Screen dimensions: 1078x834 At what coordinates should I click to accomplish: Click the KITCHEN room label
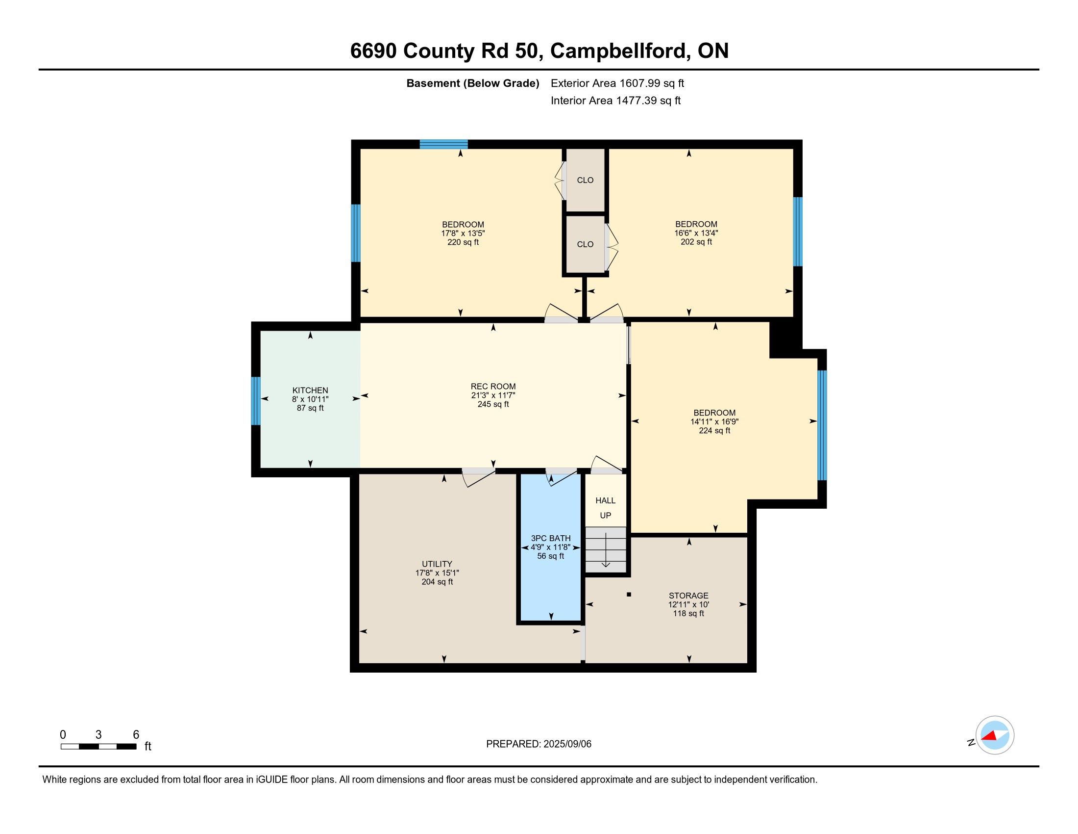pyautogui.click(x=310, y=391)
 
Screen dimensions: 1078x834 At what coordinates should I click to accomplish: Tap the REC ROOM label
pyautogui.click(x=493, y=387)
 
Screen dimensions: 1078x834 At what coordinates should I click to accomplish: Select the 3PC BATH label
pyautogui.click(x=551, y=538)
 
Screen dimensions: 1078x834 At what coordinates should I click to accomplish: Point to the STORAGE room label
pyautogui.click(x=688, y=596)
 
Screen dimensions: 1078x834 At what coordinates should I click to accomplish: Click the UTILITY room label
pyautogui.click(x=437, y=564)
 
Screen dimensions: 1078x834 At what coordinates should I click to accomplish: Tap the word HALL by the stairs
pyautogui.click(x=605, y=500)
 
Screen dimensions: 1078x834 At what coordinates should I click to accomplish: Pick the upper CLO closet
pyautogui.click(x=586, y=180)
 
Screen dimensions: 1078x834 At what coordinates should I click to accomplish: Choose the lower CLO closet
pyautogui.click(x=586, y=244)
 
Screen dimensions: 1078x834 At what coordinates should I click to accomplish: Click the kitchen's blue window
pyautogui.click(x=256, y=401)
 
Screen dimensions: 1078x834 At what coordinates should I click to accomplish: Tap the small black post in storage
pyautogui.click(x=629, y=595)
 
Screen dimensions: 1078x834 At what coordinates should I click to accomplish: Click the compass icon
pyautogui.click(x=995, y=735)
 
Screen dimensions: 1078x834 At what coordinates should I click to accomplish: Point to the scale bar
pyautogui.click(x=98, y=746)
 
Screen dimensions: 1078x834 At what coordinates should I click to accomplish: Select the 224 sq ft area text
pyautogui.click(x=714, y=430)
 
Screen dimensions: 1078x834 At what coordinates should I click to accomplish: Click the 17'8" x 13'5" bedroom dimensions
pyautogui.click(x=463, y=233)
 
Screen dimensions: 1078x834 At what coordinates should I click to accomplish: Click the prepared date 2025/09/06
pyautogui.click(x=567, y=744)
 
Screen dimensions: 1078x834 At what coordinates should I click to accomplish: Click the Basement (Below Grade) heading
pyautogui.click(x=472, y=83)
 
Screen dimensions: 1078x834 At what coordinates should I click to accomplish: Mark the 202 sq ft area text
pyautogui.click(x=696, y=241)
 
